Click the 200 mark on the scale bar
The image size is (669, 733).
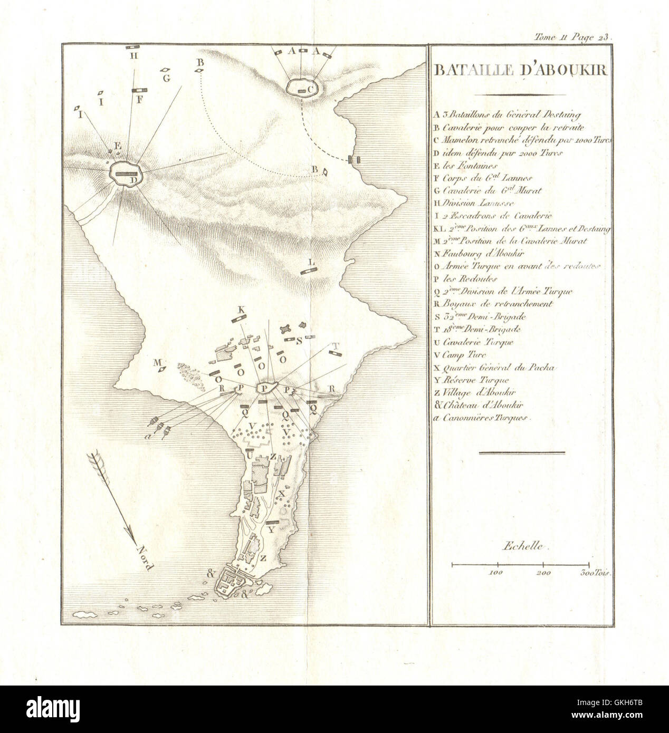click(543, 572)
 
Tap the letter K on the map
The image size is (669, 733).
click(242, 310)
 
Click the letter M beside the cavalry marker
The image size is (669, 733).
click(156, 362)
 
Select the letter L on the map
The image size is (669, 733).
click(311, 262)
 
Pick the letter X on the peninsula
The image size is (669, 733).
click(281, 492)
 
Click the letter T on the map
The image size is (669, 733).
click(333, 346)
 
